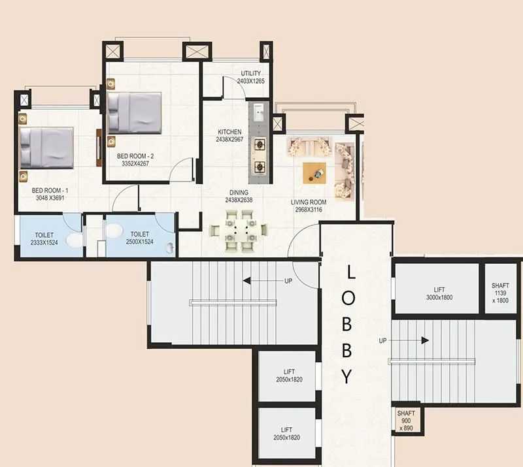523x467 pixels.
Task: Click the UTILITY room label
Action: [250, 73]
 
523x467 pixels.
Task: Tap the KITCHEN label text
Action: [229, 132]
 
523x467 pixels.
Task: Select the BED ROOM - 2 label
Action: [135, 156]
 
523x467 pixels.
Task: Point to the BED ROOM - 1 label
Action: [50, 191]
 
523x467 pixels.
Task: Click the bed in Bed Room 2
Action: [135, 112]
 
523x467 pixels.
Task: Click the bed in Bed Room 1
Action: [46, 146]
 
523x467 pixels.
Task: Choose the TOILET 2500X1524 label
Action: [140, 241]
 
